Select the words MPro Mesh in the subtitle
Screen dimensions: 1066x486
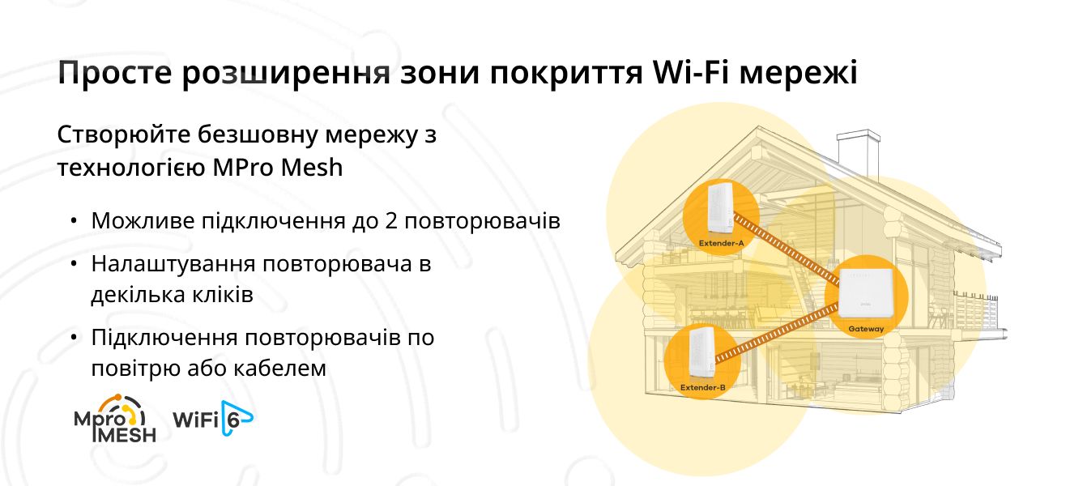pos(278,167)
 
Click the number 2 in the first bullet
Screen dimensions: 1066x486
pos(390,220)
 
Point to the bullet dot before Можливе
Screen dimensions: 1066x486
pos(73,221)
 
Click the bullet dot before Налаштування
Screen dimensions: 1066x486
pos(73,264)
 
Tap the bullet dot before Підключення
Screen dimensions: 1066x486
pos(73,338)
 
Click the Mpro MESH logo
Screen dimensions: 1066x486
pos(115,419)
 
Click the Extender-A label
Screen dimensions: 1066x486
pos(721,243)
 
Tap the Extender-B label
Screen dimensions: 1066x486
pos(702,387)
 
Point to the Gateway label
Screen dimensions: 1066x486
pos(866,329)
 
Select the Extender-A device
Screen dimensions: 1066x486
pos(720,207)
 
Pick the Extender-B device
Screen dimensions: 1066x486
pos(702,352)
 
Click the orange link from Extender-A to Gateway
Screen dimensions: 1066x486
pos(787,250)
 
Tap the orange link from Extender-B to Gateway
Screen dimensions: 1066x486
pos(777,334)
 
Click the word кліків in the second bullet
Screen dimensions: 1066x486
pos(223,295)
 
